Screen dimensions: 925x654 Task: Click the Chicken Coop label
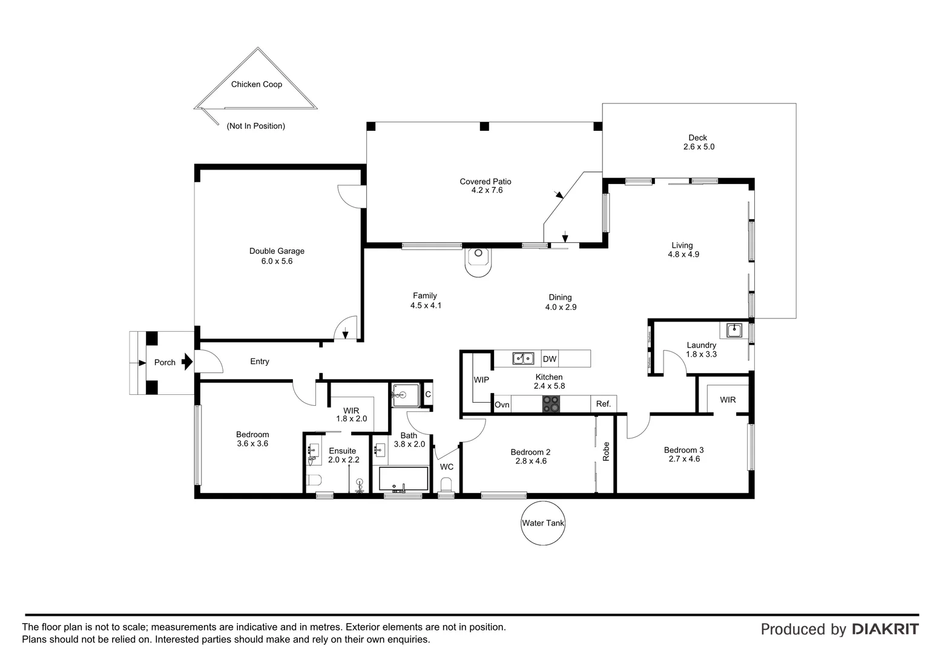click(x=257, y=84)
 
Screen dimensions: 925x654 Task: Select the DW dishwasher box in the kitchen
click(x=550, y=358)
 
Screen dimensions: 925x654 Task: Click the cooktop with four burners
click(x=551, y=404)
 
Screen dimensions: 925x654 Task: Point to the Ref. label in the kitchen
click(x=604, y=404)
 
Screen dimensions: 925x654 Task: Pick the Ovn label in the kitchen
click(x=502, y=405)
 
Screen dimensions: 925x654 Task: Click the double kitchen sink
click(x=523, y=358)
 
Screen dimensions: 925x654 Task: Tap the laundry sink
click(x=734, y=331)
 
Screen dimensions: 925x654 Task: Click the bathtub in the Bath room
click(x=403, y=479)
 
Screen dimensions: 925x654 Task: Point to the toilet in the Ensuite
click(x=314, y=480)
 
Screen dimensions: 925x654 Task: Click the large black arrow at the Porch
click(x=187, y=362)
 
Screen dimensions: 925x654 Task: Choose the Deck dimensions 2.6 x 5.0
click(x=699, y=147)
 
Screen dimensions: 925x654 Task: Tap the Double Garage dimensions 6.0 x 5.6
click(x=277, y=261)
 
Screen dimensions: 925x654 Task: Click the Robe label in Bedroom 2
click(x=606, y=452)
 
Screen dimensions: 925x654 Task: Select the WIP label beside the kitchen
click(x=481, y=380)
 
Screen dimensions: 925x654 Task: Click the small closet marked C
click(x=428, y=394)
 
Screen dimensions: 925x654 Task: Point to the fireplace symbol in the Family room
click(x=478, y=262)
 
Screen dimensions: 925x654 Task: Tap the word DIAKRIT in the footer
click(x=886, y=629)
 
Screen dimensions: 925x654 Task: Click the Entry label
click(x=259, y=362)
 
